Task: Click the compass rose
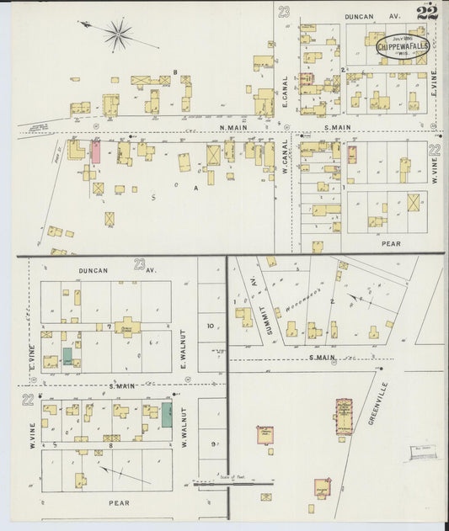coord(118,35)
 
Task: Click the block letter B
coord(174,72)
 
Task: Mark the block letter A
coord(195,188)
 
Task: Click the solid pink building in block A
coord(96,152)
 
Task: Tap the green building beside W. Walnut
coord(167,413)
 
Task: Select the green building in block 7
coord(67,356)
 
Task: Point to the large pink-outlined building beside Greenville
coord(344,418)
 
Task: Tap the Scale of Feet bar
coord(233,484)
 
